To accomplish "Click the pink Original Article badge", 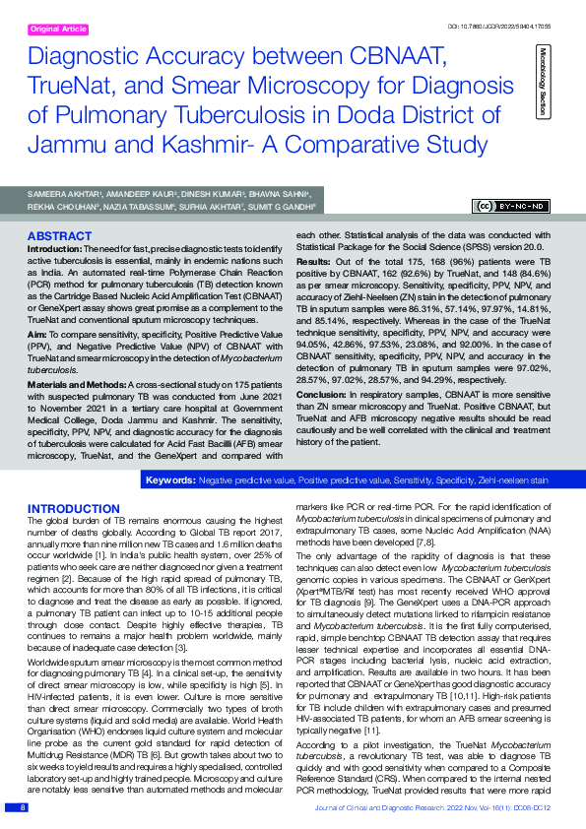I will [x=58, y=30].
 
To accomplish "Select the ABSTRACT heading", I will [x=60, y=236].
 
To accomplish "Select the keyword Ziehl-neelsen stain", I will [x=511, y=480].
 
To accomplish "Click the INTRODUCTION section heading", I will [x=74, y=508].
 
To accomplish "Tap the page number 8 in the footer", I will [x=23, y=808].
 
